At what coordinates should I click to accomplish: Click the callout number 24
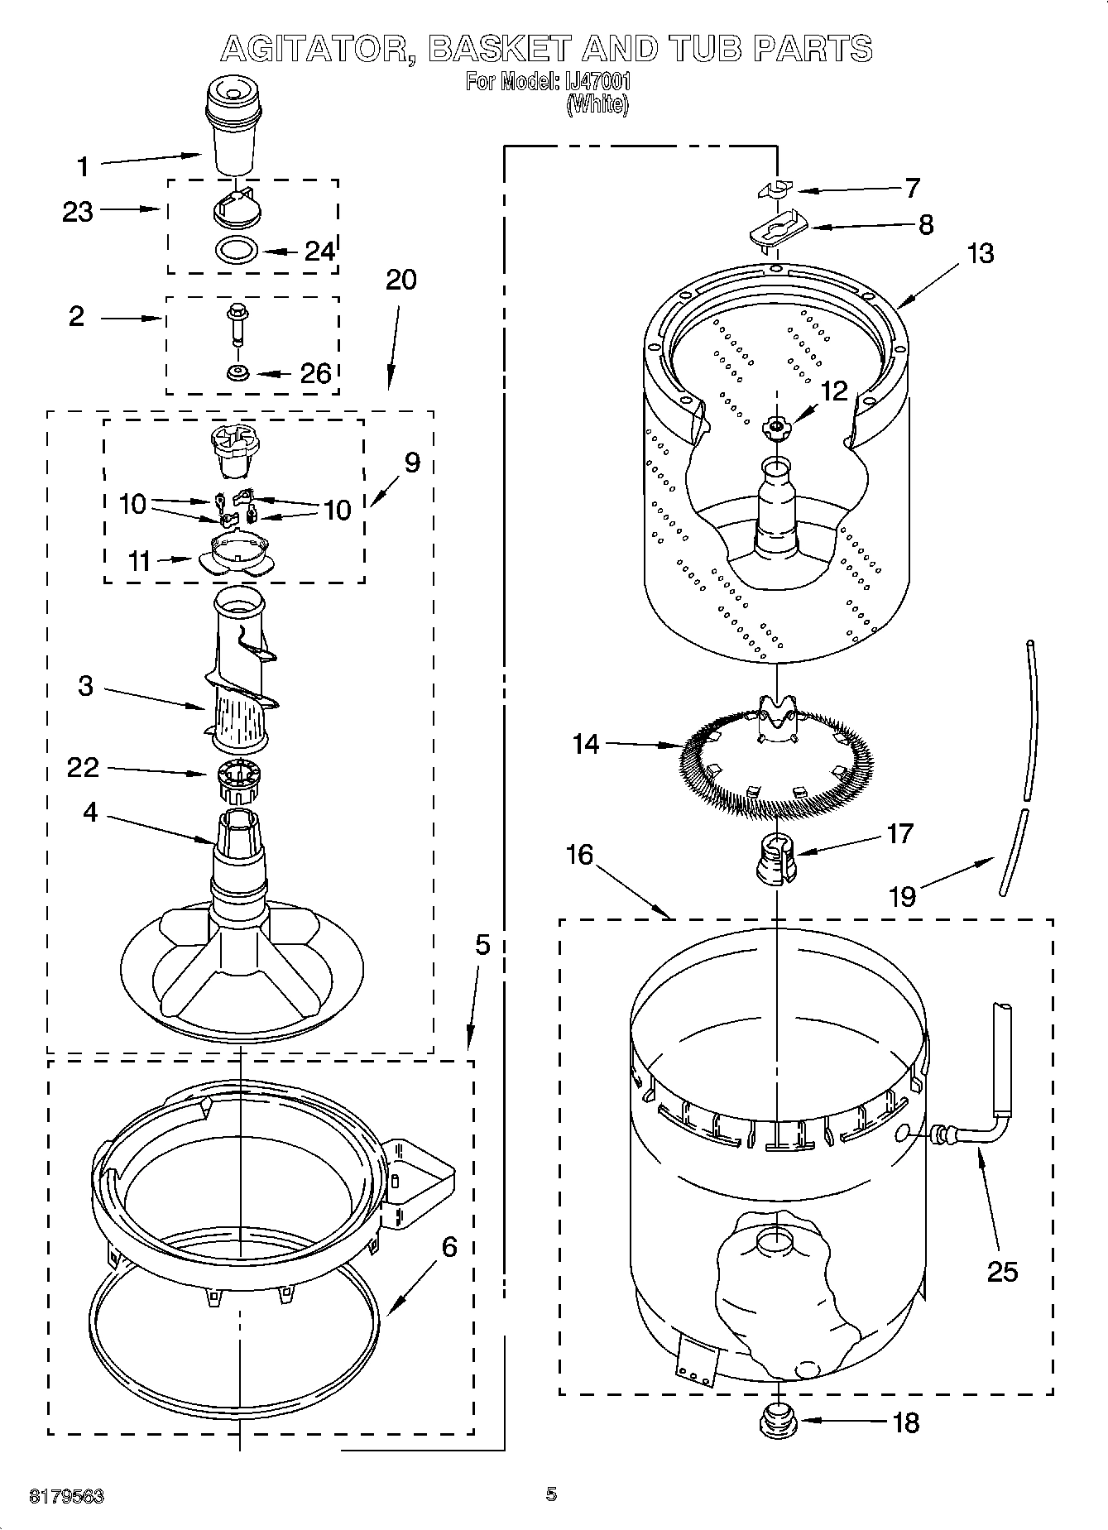[x=319, y=251]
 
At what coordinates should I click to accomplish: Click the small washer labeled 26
[x=238, y=372]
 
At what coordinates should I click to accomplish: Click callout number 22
[x=83, y=768]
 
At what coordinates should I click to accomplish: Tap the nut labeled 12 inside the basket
[x=775, y=426]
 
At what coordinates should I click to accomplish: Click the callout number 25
[x=1002, y=1272]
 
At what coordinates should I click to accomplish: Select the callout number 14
[x=586, y=744]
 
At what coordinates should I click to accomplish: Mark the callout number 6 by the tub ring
[x=449, y=1246]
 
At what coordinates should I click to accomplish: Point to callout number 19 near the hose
[x=902, y=896]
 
